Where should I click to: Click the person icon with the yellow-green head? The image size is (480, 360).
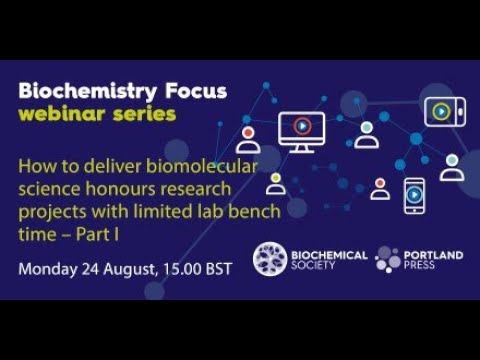click(x=275, y=184)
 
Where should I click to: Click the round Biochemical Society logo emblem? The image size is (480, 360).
click(x=269, y=259)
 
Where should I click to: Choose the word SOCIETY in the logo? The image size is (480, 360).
click(x=316, y=267)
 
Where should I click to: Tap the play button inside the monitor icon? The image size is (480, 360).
click(x=301, y=126)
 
